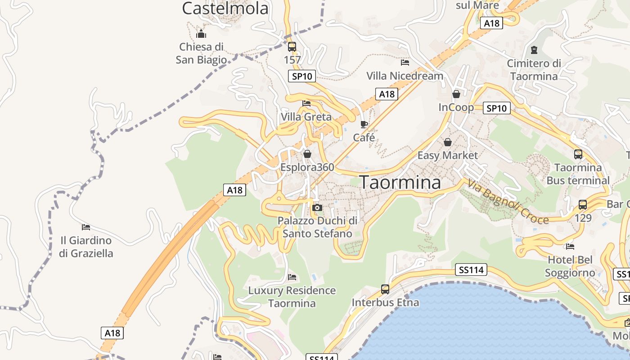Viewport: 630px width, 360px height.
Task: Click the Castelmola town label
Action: [225, 8]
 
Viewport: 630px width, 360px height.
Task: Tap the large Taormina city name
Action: [400, 182]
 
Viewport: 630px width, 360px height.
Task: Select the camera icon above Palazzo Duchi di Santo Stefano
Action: [317, 207]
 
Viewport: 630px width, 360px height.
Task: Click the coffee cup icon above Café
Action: [364, 124]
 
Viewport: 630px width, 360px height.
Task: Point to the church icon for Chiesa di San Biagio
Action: [201, 34]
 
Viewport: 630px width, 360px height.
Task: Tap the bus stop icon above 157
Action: [292, 46]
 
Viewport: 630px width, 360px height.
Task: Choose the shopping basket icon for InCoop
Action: [456, 94]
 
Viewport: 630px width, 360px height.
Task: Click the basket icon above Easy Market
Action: [448, 142]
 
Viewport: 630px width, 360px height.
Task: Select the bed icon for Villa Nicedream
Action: [405, 62]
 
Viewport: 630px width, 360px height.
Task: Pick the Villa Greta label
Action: [306, 117]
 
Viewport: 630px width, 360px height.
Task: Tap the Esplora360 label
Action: [307, 167]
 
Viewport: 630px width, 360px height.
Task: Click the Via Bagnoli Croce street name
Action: [508, 202]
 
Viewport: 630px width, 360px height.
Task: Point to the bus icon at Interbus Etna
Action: [385, 289]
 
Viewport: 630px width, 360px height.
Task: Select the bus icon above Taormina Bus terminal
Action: [578, 154]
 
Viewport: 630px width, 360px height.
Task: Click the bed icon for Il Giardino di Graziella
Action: [86, 227]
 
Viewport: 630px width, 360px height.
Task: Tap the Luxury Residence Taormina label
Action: [292, 297]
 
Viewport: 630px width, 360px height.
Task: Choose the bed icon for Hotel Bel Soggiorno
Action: [570, 246]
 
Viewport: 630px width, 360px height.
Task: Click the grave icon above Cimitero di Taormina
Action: [534, 49]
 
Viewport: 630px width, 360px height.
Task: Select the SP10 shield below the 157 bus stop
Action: [302, 76]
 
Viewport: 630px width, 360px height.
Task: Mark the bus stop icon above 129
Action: [583, 205]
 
